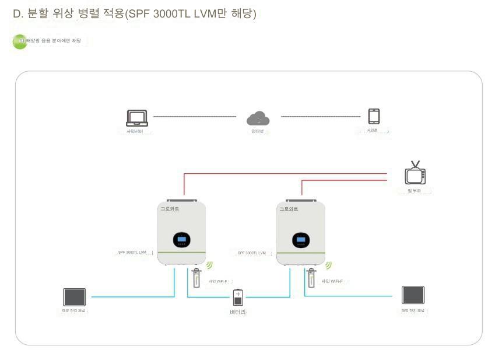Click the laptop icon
pos(136,117)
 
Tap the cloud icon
pos(258,119)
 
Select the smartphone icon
pos(374,116)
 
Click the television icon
pos(415,174)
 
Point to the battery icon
pos(237,297)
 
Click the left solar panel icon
pos(75,297)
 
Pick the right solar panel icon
pos(413,295)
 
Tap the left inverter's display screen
pos(181,239)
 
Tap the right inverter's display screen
pos(301,239)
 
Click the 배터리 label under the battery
pos(237,312)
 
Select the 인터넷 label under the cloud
pos(257,131)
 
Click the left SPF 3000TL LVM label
pos(132,252)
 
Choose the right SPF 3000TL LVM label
pos(251,253)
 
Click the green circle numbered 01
pos(20,41)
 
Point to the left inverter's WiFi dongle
pos(196,278)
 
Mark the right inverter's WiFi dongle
pos(310,278)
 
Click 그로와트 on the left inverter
pos(170,208)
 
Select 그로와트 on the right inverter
pos(289,208)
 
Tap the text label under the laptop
pos(135,131)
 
